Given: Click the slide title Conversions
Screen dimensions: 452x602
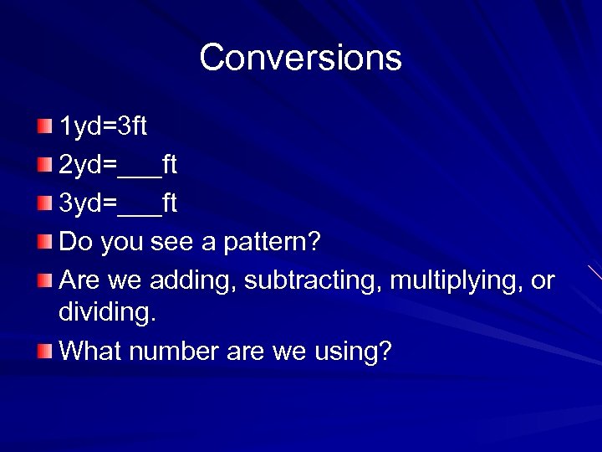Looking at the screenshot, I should point(300,58).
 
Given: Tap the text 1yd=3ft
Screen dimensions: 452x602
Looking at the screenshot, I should point(103,126).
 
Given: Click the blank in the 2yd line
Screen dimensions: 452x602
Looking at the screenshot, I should point(140,167).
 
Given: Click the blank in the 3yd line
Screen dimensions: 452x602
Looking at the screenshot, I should point(140,206).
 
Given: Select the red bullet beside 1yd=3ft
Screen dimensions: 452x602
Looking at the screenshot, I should point(44,126).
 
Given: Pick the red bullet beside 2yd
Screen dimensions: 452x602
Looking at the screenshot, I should point(44,165).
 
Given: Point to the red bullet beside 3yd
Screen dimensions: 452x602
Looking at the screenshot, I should point(44,203).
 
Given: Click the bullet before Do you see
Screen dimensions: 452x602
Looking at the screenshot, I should point(44,242).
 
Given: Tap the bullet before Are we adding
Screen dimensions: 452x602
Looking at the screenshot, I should point(44,280).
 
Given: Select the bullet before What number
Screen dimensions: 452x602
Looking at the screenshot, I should point(44,351).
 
